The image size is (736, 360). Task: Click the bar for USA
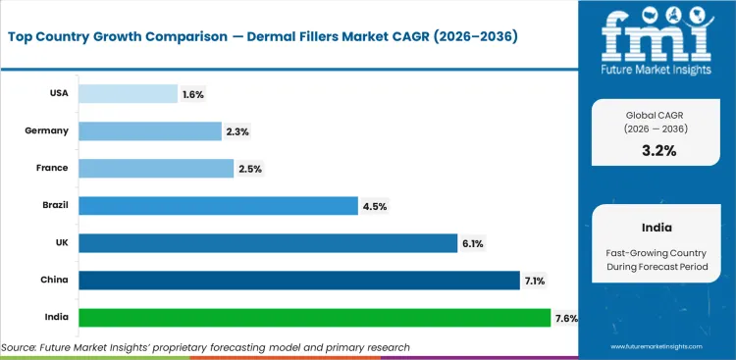127,93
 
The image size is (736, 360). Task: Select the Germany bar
149,130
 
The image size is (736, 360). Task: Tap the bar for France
155,168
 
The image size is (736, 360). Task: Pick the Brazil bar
217,205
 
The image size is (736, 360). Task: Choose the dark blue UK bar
268,242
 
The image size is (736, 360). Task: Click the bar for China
298,281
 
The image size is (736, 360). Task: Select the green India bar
314,318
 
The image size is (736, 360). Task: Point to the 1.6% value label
193,94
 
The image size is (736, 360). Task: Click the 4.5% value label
376,206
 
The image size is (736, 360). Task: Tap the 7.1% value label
535,282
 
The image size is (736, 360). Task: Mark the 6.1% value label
473,243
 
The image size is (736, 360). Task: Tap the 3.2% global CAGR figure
657,150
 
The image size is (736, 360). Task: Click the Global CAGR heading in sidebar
657,116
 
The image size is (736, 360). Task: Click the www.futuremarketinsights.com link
659,347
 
